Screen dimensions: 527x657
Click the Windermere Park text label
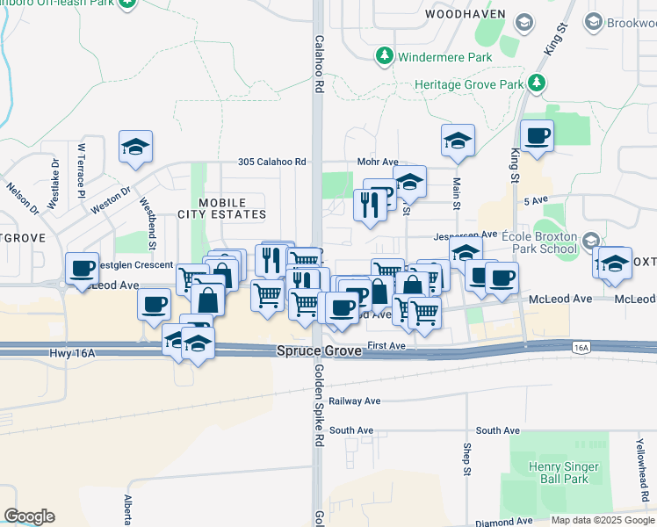click(437, 57)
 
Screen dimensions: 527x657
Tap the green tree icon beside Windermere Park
click(384, 57)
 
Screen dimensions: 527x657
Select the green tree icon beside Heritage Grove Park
click(537, 84)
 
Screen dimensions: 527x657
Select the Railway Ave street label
click(355, 401)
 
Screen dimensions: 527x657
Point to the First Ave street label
click(386, 346)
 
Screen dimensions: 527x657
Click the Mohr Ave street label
click(378, 162)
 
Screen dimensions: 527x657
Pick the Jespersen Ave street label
click(466, 236)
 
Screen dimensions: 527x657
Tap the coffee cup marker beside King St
click(537, 136)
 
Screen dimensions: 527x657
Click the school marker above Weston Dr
click(136, 147)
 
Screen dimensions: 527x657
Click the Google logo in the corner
click(29, 516)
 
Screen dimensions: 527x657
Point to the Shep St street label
click(467, 457)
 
